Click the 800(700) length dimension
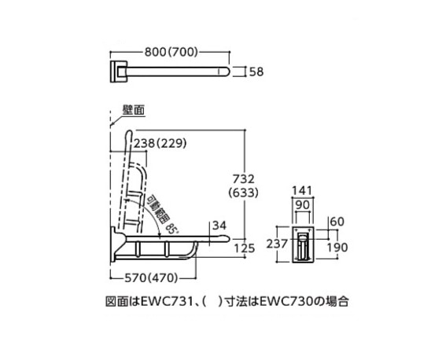[x=171, y=52]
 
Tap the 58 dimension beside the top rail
[x=256, y=72]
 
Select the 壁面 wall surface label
[x=134, y=110]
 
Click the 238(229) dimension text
[x=160, y=144]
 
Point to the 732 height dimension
[x=244, y=179]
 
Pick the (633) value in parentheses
[x=244, y=193]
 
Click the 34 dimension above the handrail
[x=219, y=226]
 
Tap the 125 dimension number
[x=245, y=248]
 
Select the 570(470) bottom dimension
[x=151, y=278]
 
